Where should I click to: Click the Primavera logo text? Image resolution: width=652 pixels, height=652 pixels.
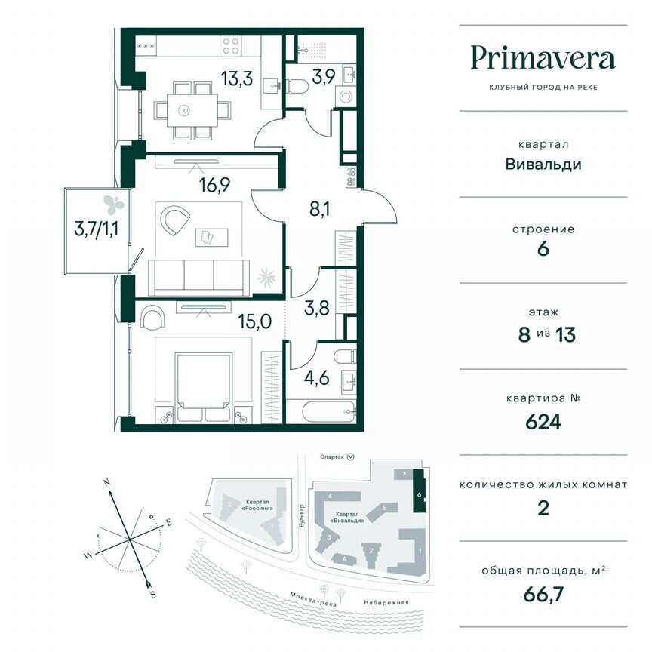543,58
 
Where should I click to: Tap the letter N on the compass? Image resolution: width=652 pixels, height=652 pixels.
108,482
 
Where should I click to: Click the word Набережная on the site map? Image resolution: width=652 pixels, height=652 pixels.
384,602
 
